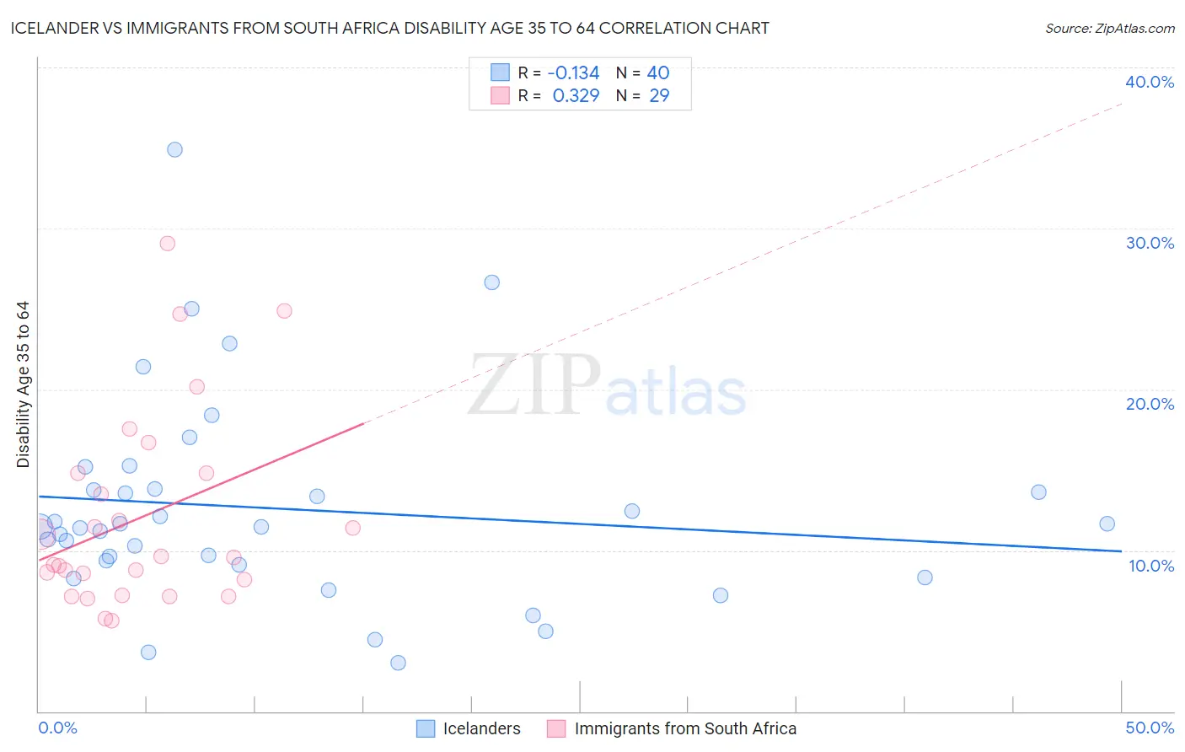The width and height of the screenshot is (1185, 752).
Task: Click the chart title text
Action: [389, 29]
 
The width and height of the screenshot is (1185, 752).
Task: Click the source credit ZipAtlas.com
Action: [1109, 29]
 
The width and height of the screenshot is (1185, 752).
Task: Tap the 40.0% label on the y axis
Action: [1149, 82]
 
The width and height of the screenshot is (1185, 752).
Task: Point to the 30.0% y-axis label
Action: [1149, 243]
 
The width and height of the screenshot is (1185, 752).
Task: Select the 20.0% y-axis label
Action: [1149, 404]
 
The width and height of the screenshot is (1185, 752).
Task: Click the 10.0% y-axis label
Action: [1150, 566]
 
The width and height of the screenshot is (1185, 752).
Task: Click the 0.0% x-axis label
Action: [58, 728]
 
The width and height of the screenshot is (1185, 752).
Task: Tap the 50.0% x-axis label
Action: [1149, 728]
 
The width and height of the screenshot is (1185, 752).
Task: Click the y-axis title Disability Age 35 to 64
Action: [24, 384]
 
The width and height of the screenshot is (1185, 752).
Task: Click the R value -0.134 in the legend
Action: [573, 73]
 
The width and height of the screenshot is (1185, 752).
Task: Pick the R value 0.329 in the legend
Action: [576, 96]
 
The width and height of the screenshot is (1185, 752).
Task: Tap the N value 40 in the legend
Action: [657, 73]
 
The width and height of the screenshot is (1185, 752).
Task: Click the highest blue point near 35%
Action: [174, 150]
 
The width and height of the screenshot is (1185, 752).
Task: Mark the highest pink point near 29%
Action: [167, 244]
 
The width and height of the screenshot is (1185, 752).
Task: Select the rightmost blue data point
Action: [1107, 524]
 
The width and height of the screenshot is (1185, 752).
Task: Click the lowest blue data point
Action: [398, 663]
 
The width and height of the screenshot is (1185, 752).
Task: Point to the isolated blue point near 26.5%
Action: [491, 282]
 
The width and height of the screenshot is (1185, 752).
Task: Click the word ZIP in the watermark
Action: [534, 387]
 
